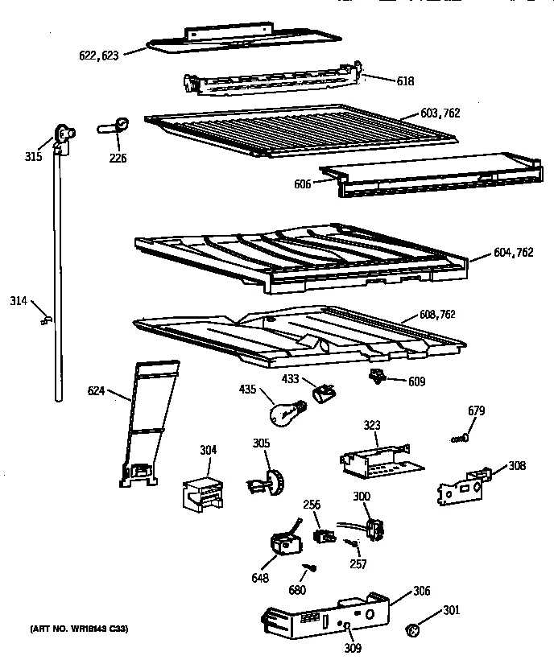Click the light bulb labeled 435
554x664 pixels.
click(287, 411)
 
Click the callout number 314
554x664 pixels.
click(19, 301)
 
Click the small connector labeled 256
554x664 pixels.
click(320, 534)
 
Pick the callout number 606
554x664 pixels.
click(302, 184)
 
